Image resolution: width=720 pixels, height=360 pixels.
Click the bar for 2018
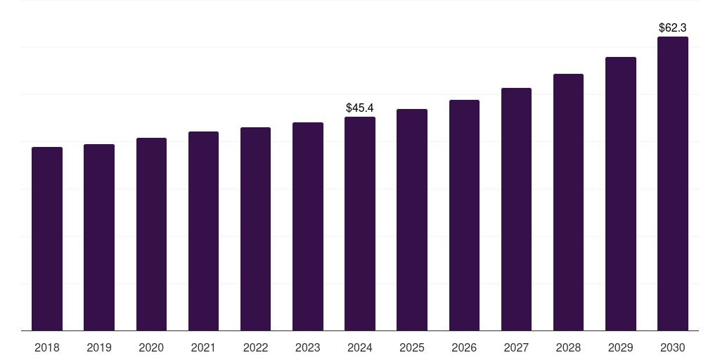coord(47,239)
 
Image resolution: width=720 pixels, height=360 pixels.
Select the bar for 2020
coord(151,234)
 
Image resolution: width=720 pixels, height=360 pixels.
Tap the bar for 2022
coord(255,229)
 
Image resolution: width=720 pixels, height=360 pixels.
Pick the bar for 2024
coord(360,224)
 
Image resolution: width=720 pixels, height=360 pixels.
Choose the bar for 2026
coord(464,215)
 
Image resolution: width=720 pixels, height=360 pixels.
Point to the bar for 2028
coord(568,202)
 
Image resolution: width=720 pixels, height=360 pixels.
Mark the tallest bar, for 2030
coord(673,184)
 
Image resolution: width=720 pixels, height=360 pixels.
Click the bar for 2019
coord(99,238)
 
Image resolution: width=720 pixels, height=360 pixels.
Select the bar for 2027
coord(516,210)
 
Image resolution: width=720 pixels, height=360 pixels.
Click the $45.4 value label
coord(360,108)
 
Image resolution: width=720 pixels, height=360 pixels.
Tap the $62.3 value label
coord(673,27)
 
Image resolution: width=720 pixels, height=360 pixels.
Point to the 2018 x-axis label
coord(47,347)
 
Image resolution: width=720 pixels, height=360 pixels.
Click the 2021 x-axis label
coord(203,347)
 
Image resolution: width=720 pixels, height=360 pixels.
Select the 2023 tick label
coord(308,347)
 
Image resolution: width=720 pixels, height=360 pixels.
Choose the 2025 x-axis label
coord(412,347)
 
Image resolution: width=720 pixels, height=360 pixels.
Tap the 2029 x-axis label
coord(621,347)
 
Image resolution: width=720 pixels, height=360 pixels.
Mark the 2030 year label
coord(673,347)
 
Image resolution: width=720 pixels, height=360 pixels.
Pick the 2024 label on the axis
coord(360,347)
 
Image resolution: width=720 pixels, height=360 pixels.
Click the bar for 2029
coord(621,194)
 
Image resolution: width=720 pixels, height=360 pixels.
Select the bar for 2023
coord(308,226)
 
